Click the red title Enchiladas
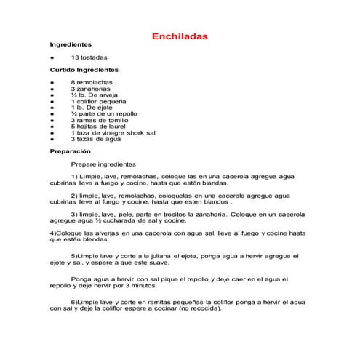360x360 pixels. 180,36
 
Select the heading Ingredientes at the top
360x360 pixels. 71,44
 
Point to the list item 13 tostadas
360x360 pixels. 89,57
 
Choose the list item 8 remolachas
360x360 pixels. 92,83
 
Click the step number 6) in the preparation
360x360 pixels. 75,300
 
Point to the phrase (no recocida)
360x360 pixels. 198,307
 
